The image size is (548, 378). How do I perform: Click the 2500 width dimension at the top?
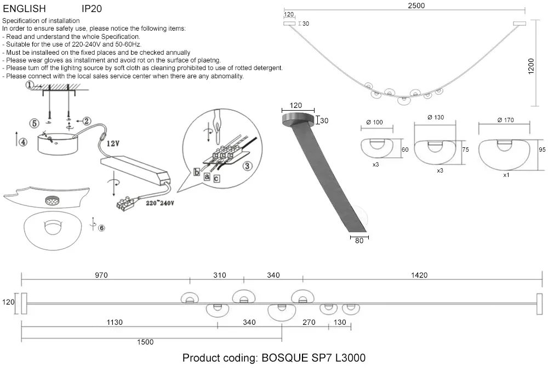point(416,6)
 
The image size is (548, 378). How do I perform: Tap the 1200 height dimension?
point(531,67)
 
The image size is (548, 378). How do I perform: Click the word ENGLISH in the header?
point(24,9)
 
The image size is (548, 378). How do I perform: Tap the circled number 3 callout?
point(248,165)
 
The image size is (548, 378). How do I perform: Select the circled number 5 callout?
point(35,123)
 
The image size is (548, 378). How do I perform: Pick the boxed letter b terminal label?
point(197,171)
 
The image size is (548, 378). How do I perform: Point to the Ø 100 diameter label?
point(375,122)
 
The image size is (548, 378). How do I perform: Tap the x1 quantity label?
point(506,175)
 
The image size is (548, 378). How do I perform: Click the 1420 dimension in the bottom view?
point(419,275)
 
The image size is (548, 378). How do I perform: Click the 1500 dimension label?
point(145,342)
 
